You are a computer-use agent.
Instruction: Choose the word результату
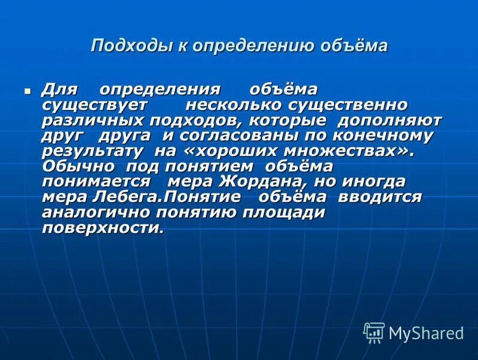[93, 152]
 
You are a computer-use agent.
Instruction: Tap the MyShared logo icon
[373, 332]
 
